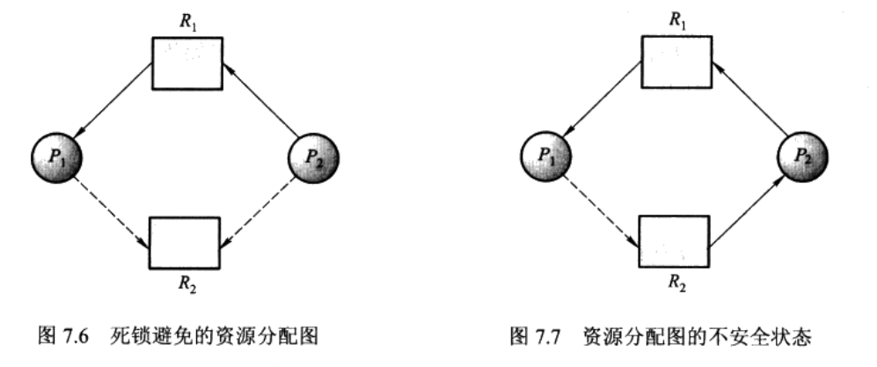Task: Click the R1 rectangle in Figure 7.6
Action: [187, 62]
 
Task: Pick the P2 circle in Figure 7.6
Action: [312, 159]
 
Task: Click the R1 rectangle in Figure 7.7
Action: [675, 63]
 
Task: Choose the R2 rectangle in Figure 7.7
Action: [673, 241]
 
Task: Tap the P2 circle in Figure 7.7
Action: [800, 159]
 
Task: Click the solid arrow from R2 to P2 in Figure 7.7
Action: [747, 209]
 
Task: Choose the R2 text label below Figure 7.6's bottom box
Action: [186, 283]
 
